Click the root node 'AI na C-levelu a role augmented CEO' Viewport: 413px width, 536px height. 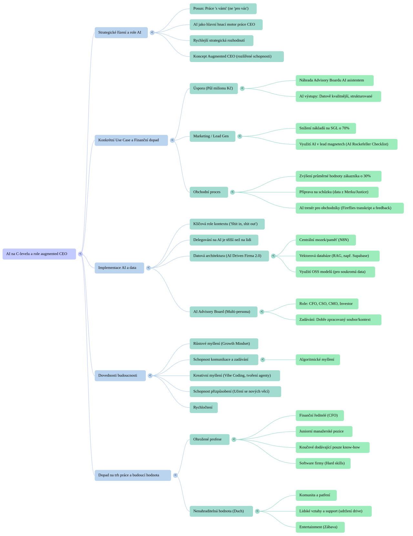[39, 254]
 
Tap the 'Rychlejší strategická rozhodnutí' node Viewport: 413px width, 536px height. [221, 41]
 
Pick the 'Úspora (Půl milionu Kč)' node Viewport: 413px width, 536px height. [214, 89]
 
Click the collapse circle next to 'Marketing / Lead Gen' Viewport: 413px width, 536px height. [240, 136]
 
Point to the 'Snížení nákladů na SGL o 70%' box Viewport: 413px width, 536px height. [326, 128]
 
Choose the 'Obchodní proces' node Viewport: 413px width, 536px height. [208, 192]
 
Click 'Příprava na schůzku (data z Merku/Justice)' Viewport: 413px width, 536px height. [337, 192]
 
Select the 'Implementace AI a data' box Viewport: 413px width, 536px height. [119, 268]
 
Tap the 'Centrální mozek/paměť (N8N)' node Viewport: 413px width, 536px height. [326, 240]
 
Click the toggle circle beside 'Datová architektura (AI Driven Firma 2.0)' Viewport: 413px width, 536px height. [274, 256]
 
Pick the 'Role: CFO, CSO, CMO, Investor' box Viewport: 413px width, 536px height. [327, 304]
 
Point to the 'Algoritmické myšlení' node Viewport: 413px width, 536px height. [317, 360]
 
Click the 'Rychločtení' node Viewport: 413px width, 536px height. [203, 407]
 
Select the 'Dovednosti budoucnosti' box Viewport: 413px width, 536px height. [120, 375]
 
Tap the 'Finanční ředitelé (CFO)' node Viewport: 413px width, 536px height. [319, 415]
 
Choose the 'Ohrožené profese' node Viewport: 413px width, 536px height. [209, 439]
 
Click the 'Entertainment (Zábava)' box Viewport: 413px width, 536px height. [320, 527]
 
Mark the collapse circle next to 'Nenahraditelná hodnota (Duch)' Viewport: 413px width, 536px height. [257, 511]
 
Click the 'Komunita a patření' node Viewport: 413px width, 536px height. [316, 495]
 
